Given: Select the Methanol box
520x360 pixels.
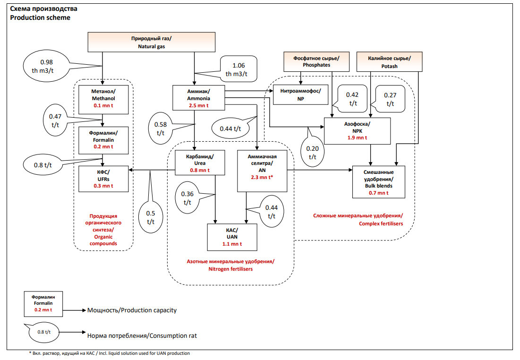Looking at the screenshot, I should point(103,98).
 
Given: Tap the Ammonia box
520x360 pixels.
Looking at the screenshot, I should point(198,98).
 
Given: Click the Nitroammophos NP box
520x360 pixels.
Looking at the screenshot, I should point(300,95).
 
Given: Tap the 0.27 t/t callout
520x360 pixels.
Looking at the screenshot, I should point(390,99).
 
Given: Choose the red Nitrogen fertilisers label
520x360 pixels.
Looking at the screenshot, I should point(230,265).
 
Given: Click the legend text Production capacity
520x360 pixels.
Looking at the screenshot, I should point(132,310).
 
